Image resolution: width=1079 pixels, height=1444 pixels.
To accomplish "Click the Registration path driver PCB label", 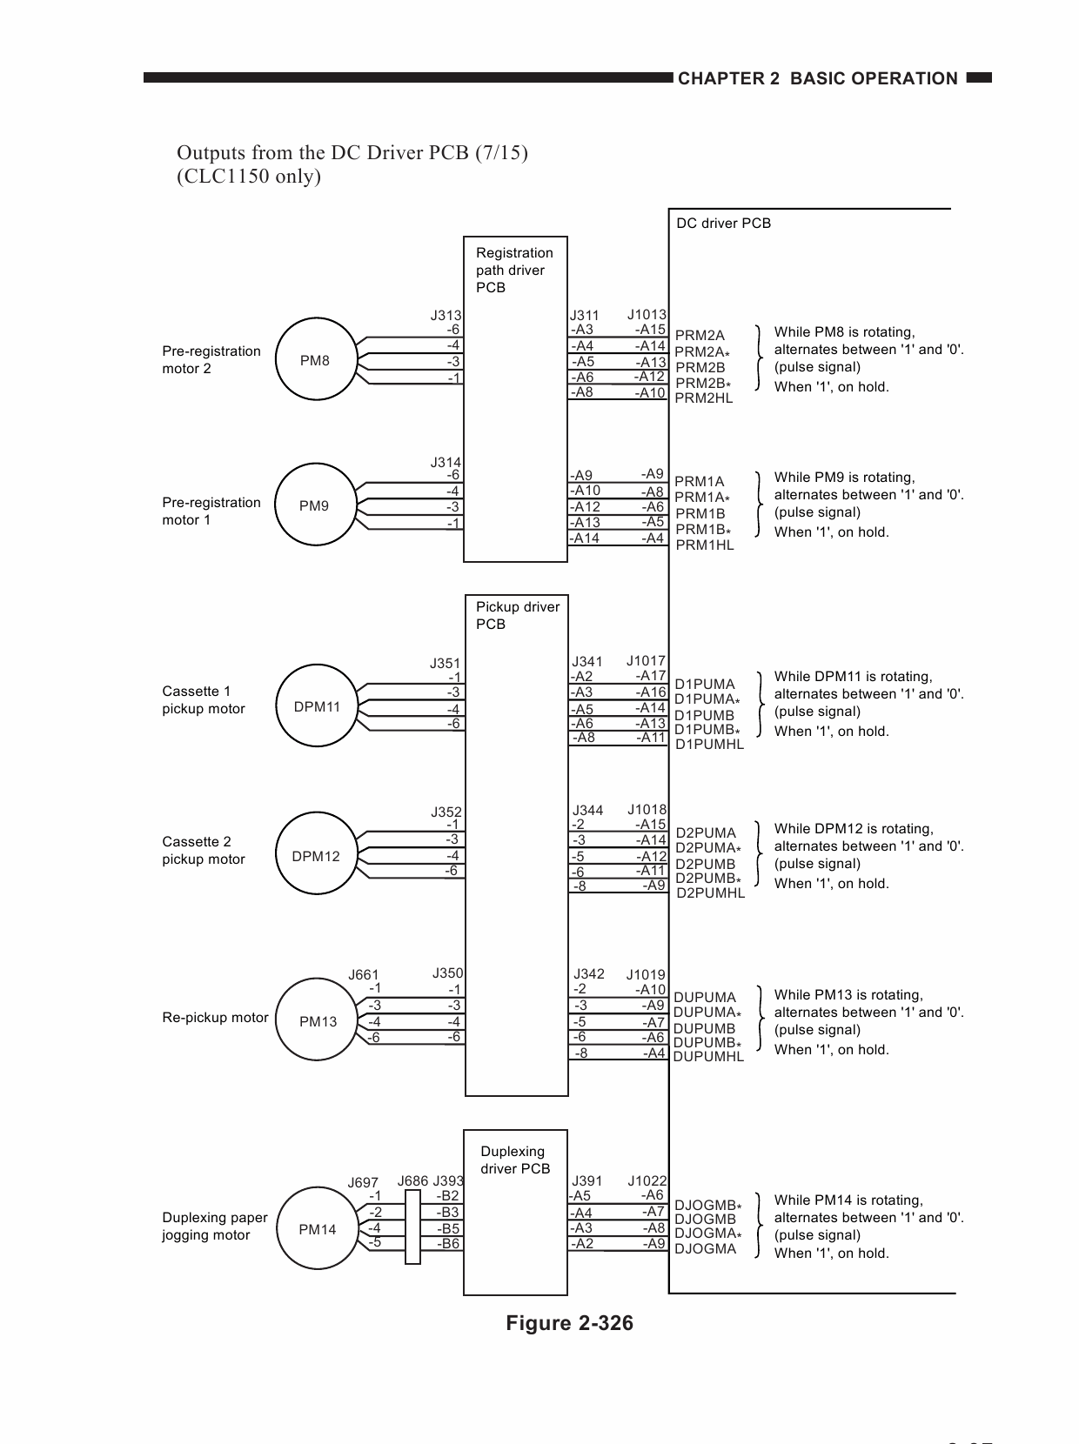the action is [514, 271].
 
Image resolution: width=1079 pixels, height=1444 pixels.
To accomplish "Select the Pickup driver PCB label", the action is [518, 615].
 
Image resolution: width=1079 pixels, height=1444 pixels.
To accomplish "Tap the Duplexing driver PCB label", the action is [515, 1160].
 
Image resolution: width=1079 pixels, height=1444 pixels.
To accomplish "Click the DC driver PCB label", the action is [723, 223].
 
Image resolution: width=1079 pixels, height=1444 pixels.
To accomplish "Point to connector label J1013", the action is [646, 314].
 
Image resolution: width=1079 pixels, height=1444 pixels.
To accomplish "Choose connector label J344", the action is [587, 810].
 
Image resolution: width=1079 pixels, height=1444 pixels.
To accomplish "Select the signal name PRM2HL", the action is [703, 398].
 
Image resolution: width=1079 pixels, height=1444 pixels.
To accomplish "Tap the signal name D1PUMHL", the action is [709, 745].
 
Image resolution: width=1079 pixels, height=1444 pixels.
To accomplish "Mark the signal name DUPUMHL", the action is [708, 1057].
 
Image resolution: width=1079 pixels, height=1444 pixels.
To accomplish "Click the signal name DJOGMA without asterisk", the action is [706, 1248].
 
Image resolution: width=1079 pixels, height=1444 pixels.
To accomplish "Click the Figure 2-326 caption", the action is [569, 1323].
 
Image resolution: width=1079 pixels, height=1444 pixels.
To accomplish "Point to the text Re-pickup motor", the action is [215, 1018].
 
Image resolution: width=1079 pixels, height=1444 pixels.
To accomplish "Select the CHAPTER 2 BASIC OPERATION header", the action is [818, 78].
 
